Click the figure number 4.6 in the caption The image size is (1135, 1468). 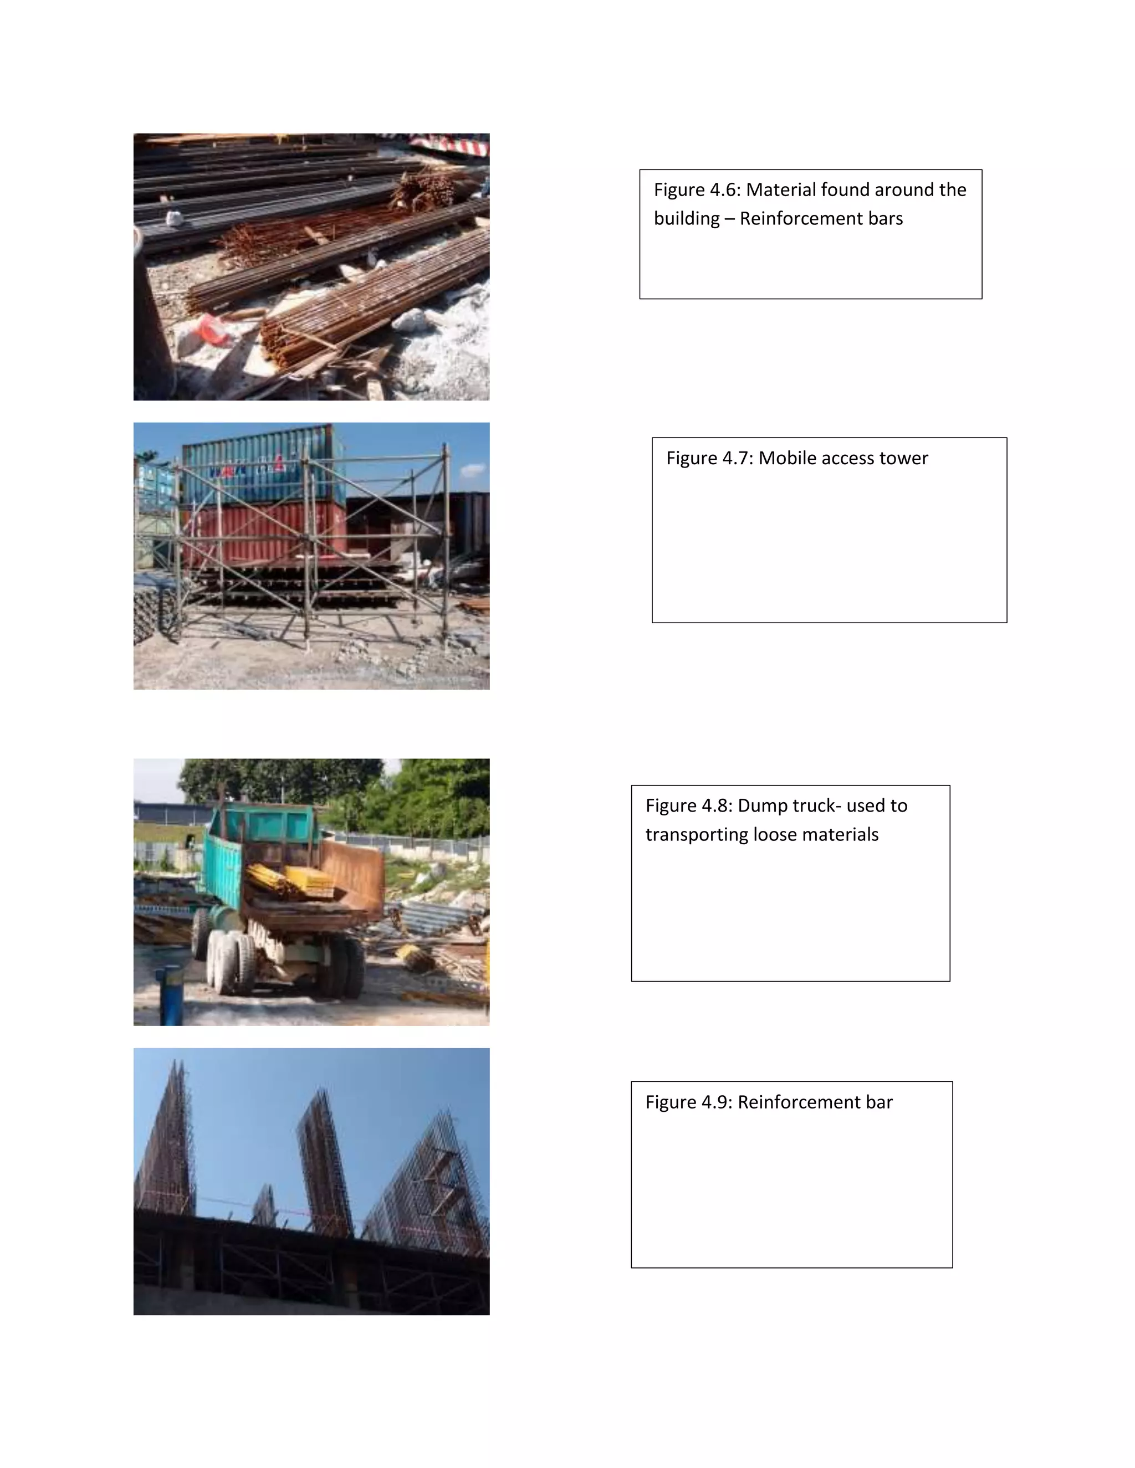(724, 190)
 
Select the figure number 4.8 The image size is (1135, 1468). (716, 806)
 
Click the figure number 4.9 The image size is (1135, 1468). (716, 1102)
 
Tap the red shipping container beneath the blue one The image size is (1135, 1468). (262, 531)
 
